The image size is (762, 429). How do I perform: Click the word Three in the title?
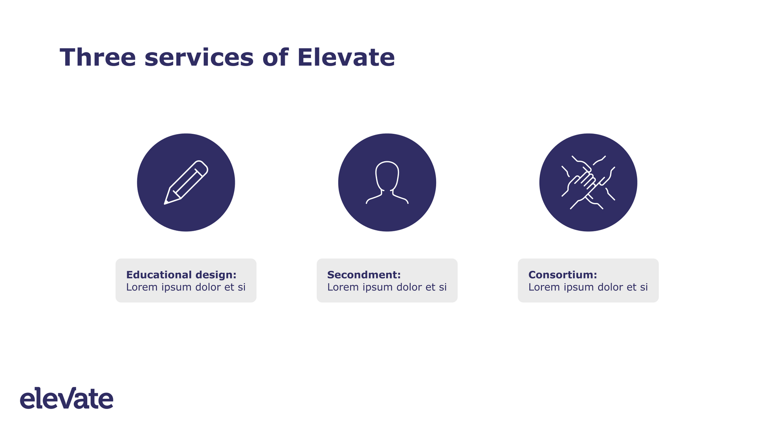[x=98, y=57]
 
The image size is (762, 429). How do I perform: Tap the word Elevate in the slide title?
[x=346, y=57]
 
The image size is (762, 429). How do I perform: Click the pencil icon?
[x=186, y=182]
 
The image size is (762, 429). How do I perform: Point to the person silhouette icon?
[x=387, y=182]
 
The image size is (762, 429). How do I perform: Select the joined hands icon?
[x=588, y=182]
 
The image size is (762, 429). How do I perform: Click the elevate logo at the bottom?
[x=67, y=398]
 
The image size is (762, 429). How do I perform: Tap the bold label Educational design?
[x=181, y=275]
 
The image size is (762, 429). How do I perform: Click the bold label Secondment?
[x=364, y=275]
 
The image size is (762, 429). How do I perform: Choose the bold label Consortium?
[x=563, y=275]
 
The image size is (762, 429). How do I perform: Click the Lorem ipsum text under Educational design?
[x=186, y=287]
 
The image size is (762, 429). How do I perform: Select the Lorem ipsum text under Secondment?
[x=387, y=287]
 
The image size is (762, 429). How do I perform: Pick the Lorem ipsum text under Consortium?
[x=588, y=287]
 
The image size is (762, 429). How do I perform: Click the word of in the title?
[x=275, y=57]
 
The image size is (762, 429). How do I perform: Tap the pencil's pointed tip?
[x=165, y=204]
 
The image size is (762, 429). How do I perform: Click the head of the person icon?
[x=387, y=176]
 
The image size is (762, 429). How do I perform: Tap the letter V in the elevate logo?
[x=74, y=398]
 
